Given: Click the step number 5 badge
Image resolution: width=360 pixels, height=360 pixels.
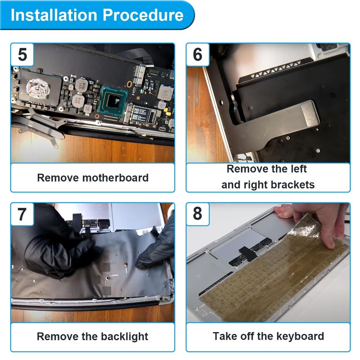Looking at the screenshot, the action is pyautogui.click(x=22, y=54).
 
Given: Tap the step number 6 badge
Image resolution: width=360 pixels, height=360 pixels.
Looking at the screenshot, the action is pyautogui.click(x=198, y=54).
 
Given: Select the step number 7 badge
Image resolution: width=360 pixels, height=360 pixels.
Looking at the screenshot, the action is pyautogui.click(x=22, y=214).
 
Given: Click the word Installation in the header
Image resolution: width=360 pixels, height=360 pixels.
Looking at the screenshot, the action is pyautogui.click(x=54, y=15).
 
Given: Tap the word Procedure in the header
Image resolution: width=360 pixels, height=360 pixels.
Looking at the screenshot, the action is pyautogui.click(x=143, y=15).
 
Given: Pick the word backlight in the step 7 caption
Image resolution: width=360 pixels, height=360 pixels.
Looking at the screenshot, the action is pyautogui.click(x=125, y=337).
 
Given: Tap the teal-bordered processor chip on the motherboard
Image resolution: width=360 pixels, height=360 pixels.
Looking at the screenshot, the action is pyautogui.click(x=113, y=101).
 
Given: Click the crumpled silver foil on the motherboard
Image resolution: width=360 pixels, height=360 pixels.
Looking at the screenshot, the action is pyautogui.click(x=38, y=88).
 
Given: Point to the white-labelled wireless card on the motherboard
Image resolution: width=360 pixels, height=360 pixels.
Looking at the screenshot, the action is pyautogui.click(x=143, y=114).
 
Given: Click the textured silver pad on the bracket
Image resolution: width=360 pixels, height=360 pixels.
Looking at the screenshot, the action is pyautogui.click(x=310, y=114).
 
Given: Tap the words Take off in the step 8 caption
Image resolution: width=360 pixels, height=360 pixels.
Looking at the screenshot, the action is pyautogui.click(x=234, y=336).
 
